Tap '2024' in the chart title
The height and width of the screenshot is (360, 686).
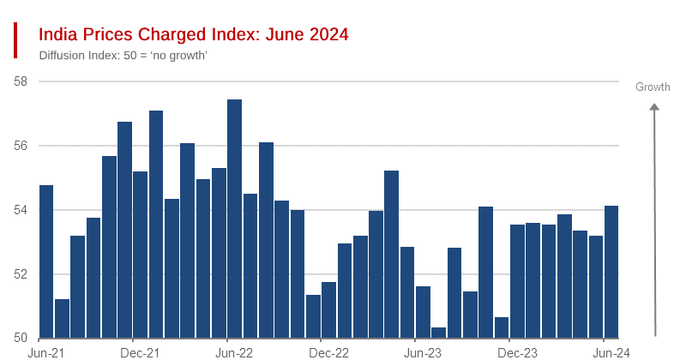pyautogui.click(x=327, y=34)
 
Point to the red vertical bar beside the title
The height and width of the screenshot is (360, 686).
pyautogui.click(x=15, y=40)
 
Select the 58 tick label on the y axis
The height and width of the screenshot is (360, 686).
pyautogui.click(x=21, y=81)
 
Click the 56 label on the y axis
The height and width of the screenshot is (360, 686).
pyautogui.click(x=21, y=146)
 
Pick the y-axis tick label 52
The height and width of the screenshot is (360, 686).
pyautogui.click(x=21, y=274)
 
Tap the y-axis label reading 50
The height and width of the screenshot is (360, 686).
pyautogui.click(x=21, y=338)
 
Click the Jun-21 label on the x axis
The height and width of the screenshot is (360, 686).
pyautogui.click(x=46, y=352)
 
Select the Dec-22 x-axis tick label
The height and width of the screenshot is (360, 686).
pyautogui.click(x=328, y=352)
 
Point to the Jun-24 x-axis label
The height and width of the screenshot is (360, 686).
pyautogui.click(x=611, y=352)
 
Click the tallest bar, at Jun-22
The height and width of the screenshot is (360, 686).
pyautogui.click(x=234, y=219)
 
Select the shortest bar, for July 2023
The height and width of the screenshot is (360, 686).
pyautogui.click(x=438, y=333)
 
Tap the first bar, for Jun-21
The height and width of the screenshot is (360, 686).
pyautogui.click(x=46, y=261)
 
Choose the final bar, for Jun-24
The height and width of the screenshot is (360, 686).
pyautogui.click(x=611, y=272)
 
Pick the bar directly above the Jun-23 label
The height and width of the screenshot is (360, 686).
pyautogui.click(x=423, y=312)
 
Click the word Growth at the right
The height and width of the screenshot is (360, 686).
pyautogui.click(x=653, y=87)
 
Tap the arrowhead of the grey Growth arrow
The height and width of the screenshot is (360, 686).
pyautogui.click(x=654, y=107)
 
